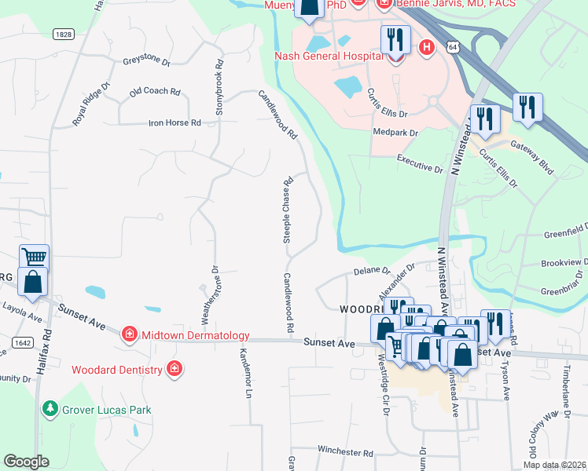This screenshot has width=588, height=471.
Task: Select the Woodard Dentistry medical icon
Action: click(x=175, y=369)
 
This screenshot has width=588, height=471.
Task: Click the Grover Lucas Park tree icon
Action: click(x=50, y=409)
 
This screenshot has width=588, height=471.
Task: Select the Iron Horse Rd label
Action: click(x=175, y=123)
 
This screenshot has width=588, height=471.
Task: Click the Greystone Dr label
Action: click(x=146, y=60)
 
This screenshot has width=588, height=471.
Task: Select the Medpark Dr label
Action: click(x=395, y=133)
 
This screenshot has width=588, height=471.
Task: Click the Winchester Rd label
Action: click(x=345, y=452)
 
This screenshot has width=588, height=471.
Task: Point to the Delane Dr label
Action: click(x=372, y=271)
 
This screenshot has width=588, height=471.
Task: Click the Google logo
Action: click(x=25, y=461)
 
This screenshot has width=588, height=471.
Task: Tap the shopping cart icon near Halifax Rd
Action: click(x=34, y=257)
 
